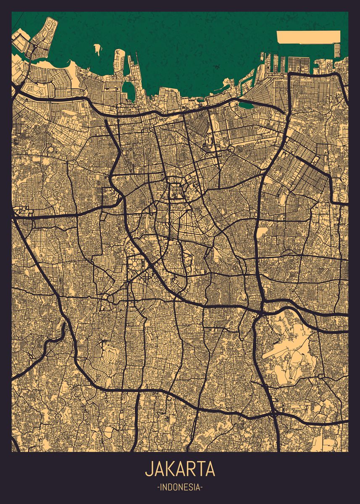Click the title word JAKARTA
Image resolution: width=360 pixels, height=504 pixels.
[180, 469]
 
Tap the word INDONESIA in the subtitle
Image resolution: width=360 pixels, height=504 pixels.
[180, 488]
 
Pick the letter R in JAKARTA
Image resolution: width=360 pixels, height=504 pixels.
[189, 469]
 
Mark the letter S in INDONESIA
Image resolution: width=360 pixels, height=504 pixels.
[189, 488]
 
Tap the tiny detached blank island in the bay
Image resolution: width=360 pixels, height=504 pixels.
[97, 50]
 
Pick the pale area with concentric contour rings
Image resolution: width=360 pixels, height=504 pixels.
[110, 355]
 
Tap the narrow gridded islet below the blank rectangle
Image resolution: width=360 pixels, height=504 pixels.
[337, 50]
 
